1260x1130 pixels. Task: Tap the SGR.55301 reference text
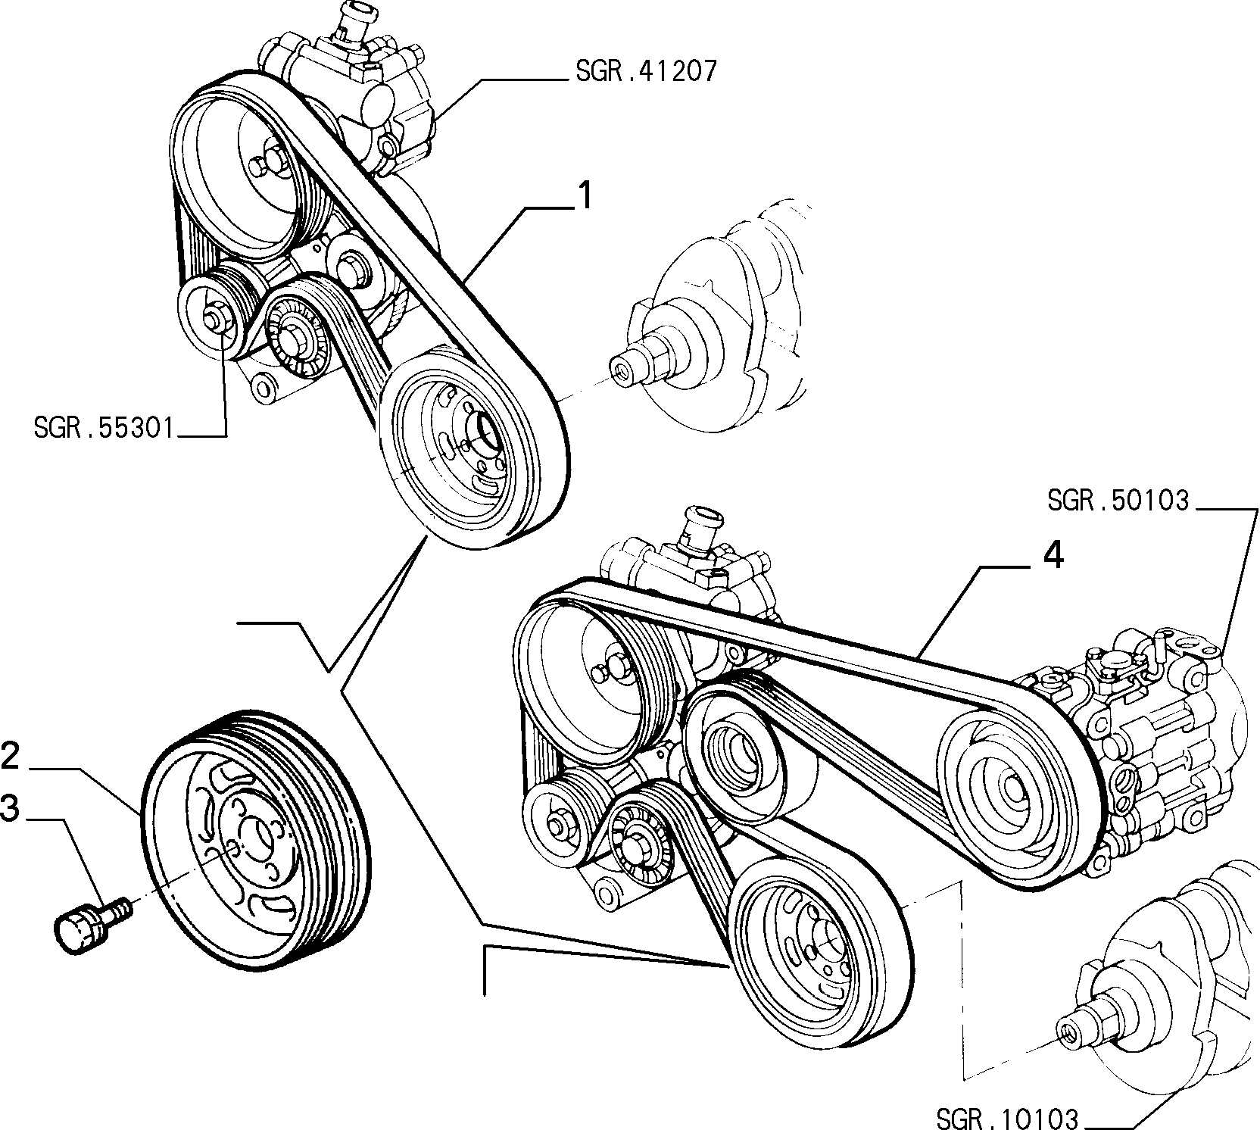pos(104,429)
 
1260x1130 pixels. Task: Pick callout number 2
pos(10,757)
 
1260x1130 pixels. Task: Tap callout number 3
pos(10,808)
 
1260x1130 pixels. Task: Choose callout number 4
pos(1053,556)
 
